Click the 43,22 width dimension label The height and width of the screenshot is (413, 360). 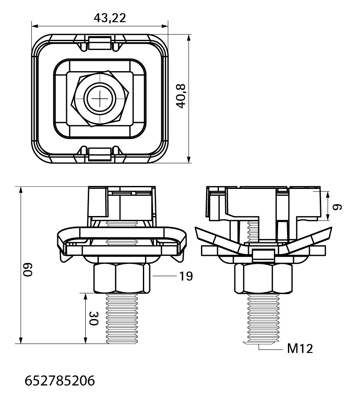(110, 18)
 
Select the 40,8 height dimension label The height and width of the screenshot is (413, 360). (181, 96)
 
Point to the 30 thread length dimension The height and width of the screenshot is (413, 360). (94, 318)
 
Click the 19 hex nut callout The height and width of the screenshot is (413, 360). (186, 276)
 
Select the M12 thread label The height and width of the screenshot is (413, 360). (300, 349)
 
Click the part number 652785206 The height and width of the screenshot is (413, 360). (60, 381)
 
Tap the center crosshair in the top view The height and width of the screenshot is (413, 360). (100, 98)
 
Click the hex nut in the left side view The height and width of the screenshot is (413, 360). (122, 278)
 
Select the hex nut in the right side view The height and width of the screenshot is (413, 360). (263, 279)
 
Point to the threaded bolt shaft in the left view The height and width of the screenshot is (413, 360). (122, 319)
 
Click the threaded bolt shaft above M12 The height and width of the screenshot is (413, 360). (263, 319)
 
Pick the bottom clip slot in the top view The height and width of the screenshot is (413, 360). (100, 154)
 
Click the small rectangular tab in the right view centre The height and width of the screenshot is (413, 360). (263, 255)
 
